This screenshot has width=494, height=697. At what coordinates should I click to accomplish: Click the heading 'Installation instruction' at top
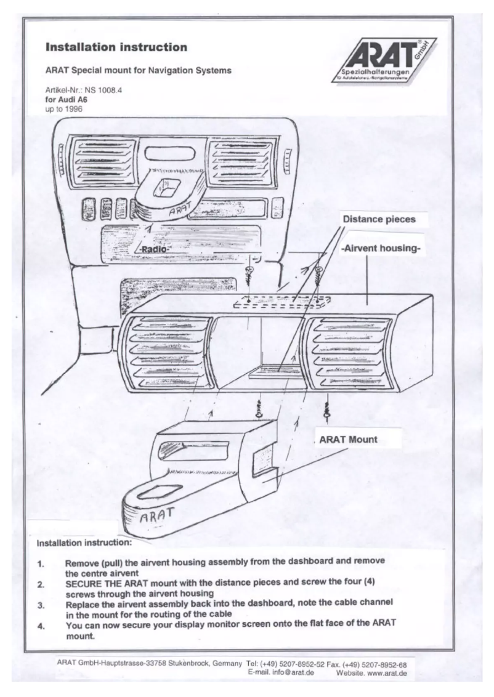point(112,47)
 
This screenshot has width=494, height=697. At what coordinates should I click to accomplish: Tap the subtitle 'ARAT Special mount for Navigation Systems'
point(139,71)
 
